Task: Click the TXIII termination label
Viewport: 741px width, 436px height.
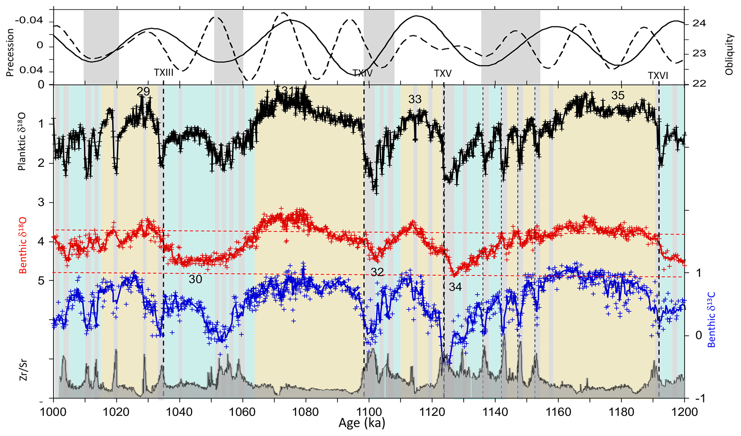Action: click(163, 72)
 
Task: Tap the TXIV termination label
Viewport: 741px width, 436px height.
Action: click(362, 73)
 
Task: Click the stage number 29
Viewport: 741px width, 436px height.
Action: click(143, 92)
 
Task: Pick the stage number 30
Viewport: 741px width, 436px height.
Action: click(195, 279)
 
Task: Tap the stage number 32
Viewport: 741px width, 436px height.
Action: click(377, 272)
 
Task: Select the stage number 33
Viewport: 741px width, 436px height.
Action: click(415, 99)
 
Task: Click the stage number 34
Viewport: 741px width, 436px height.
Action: click(455, 287)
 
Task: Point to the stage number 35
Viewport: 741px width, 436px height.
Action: click(618, 95)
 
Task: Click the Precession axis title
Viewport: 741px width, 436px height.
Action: click(10, 52)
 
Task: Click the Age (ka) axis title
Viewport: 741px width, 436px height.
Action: click(361, 424)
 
